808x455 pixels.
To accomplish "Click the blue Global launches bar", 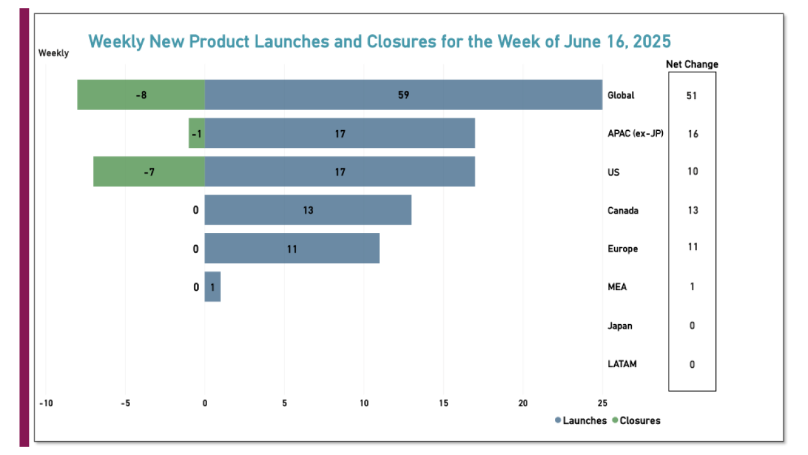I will [403, 95].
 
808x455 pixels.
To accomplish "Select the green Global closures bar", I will [141, 95].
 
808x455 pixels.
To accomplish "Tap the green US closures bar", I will [149, 171].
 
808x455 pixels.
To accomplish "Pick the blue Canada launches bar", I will [308, 210].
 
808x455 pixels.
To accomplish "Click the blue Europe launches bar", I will [292, 248].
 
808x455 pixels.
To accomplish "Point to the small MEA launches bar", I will [213, 287].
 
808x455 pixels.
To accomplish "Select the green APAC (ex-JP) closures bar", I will [197, 133].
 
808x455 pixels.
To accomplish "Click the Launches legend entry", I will [580, 420].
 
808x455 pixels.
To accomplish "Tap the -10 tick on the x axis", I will [45, 403].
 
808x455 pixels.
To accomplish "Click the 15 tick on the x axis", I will [443, 403].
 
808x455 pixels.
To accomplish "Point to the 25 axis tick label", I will [602, 403].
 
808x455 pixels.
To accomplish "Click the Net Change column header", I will [692, 64].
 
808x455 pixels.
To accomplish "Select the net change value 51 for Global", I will [692, 95].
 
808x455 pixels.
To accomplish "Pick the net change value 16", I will [692, 134].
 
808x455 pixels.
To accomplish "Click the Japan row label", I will [619, 325].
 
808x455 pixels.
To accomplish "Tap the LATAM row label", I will [621, 364].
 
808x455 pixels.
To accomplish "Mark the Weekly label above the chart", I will [54, 53].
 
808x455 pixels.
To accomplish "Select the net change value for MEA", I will [692, 287].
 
